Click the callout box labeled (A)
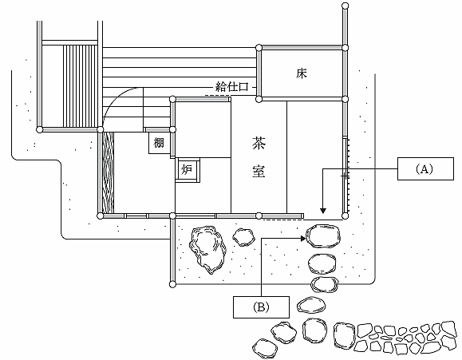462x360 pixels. coord(425,168)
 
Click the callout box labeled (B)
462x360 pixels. coord(261,307)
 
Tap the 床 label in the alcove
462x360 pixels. coord(302,73)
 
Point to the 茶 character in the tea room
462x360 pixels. coord(259,143)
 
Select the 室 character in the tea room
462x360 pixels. coord(259,171)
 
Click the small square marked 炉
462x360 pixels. coord(188,170)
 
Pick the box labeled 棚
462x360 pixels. coord(159,143)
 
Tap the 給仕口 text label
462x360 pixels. coord(232,87)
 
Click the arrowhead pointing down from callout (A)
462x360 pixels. coord(323,211)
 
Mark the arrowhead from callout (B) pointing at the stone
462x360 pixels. coord(303,239)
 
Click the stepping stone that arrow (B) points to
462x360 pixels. coord(323,235)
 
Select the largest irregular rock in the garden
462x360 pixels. coord(207,249)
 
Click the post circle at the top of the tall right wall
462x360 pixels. coord(345,6)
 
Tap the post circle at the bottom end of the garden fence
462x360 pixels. coord(172,284)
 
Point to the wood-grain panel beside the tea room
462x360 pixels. coord(108,172)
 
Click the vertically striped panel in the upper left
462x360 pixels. coord(80,86)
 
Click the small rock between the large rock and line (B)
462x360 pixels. coord(243,237)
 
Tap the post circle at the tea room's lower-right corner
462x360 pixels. coord(346,216)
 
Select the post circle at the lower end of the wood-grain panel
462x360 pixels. coord(101,216)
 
